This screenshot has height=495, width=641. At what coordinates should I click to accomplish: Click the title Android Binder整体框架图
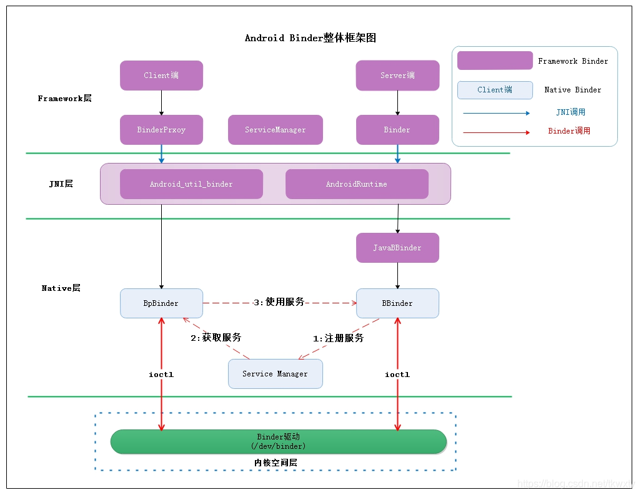[x=310, y=38]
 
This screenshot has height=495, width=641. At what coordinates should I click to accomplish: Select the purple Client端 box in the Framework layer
[x=161, y=76]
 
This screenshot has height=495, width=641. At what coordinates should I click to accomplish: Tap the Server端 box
[x=397, y=76]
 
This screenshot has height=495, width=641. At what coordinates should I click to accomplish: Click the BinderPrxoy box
[x=161, y=130]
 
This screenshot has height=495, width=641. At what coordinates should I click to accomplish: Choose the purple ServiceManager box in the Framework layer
[x=276, y=130]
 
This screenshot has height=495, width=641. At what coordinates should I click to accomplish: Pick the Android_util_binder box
[x=191, y=184]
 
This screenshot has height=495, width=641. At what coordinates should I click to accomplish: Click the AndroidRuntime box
[x=357, y=184]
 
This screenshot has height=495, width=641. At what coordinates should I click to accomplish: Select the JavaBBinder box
[x=397, y=248]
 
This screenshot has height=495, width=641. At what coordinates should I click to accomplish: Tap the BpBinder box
[x=161, y=303]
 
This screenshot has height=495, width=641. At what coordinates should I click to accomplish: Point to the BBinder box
[x=397, y=303]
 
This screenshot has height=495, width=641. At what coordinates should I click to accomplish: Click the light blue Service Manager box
[x=276, y=374]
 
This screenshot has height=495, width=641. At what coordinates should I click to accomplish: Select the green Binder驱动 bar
[x=279, y=441]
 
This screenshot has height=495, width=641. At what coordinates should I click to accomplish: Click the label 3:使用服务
[x=279, y=302]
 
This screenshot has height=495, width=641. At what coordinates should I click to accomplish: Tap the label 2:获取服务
[x=216, y=338]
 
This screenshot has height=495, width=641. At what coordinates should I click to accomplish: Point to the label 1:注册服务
[x=338, y=338]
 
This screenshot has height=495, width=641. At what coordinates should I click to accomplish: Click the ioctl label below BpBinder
[x=161, y=375]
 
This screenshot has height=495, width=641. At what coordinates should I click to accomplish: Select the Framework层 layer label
[x=64, y=99]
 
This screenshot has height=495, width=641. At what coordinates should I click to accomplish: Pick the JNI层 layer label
[x=61, y=184]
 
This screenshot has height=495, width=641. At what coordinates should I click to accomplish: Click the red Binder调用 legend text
[x=569, y=131]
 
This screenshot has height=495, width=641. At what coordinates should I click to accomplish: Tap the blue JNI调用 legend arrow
[x=496, y=114]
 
